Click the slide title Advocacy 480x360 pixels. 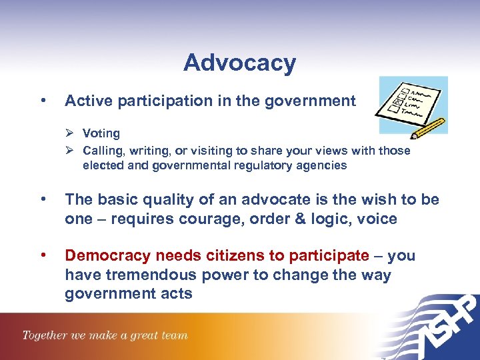[x=239, y=63]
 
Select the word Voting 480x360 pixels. [x=101, y=133]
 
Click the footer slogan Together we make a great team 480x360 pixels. [x=105, y=335]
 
